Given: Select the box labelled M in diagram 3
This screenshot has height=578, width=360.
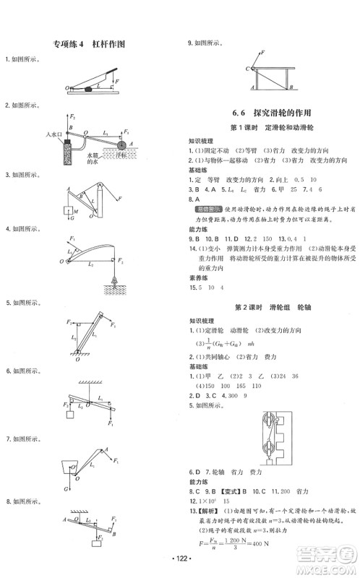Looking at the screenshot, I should click(66, 212).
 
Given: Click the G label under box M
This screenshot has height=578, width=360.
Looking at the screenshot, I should click(66, 226).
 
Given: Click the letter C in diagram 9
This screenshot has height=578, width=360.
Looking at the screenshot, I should click(247, 68).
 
